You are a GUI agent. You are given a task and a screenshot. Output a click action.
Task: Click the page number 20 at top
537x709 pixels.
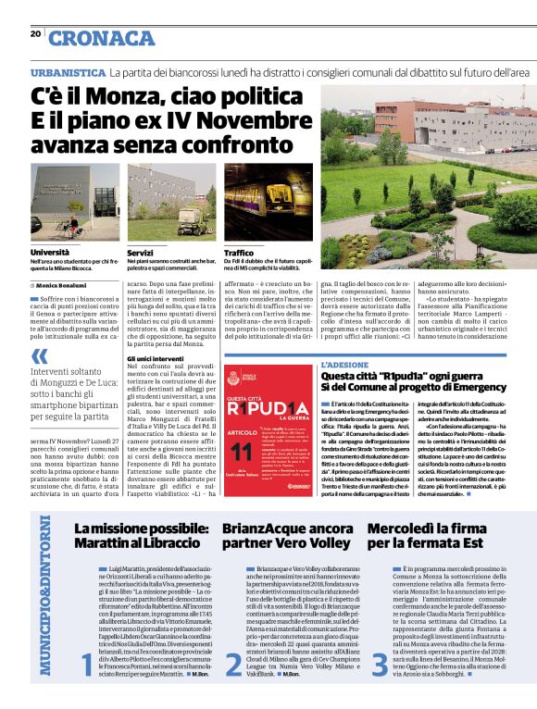35,34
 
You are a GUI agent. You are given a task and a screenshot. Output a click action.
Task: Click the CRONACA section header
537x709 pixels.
102,38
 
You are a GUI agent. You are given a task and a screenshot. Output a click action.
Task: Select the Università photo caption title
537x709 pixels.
49,252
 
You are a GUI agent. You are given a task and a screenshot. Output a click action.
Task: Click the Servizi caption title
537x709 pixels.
141,252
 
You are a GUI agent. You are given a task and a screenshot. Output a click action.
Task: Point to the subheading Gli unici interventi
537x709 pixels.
153,358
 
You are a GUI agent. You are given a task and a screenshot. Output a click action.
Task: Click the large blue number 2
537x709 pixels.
232,663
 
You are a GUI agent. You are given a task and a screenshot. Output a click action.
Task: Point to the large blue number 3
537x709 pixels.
380,663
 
